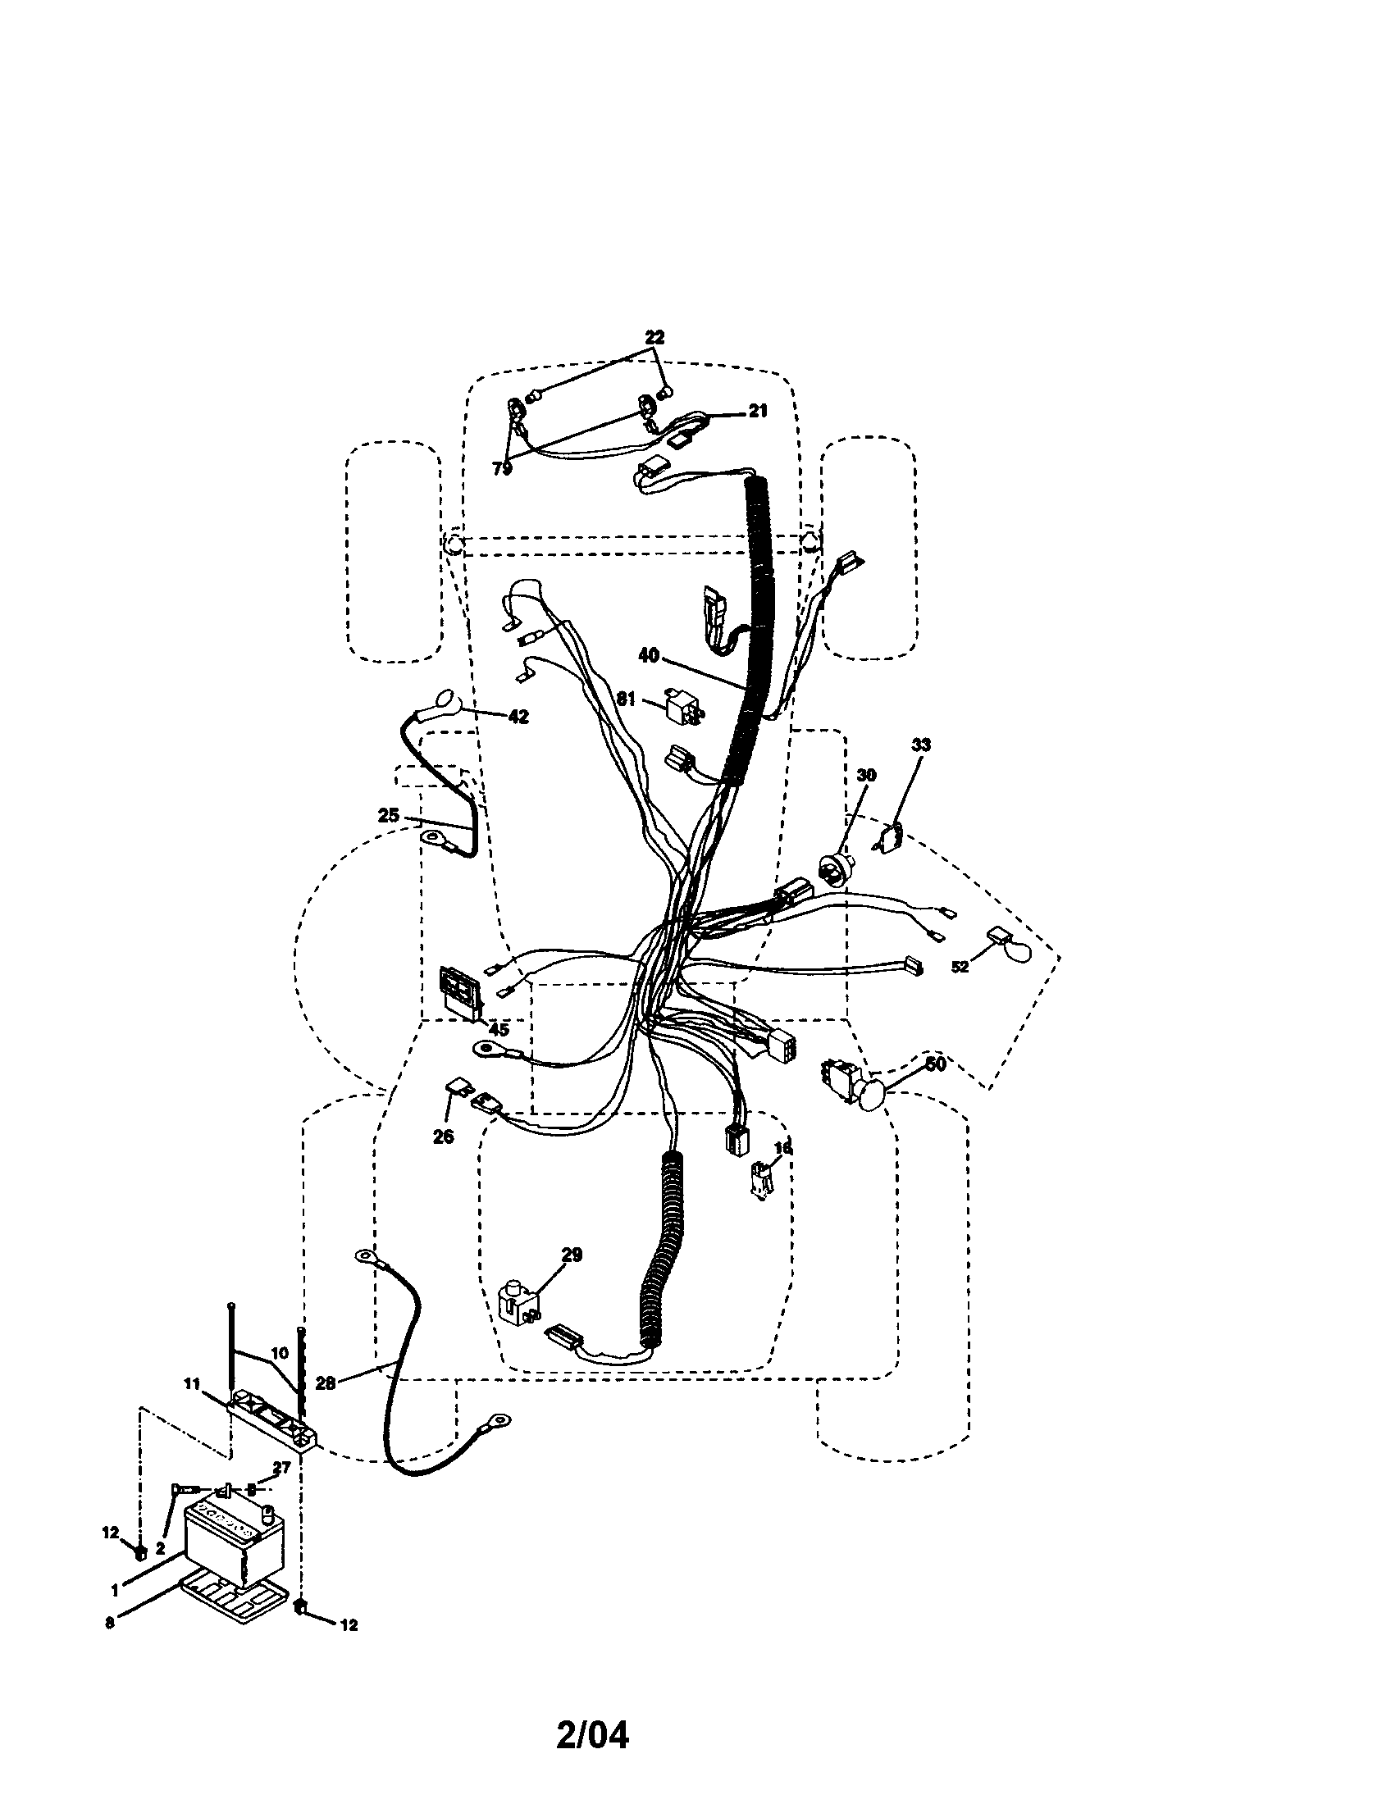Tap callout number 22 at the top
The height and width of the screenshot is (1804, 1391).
(654, 337)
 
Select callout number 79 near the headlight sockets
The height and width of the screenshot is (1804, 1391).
(502, 468)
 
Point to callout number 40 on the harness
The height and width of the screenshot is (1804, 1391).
(649, 655)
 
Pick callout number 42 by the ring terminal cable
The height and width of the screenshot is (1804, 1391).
(518, 716)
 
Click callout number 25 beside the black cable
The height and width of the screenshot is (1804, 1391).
(388, 815)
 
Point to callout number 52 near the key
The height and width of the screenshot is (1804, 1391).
(959, 967)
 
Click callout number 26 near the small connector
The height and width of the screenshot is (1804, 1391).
(443, 1137)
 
